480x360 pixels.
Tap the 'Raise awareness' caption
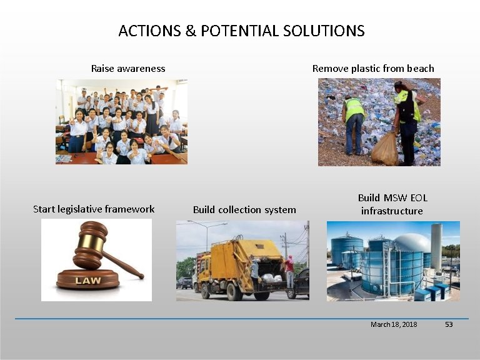(x=128, y=68)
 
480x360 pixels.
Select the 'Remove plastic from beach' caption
(x=373, y=68)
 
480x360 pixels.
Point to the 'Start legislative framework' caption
(x=94, y=209)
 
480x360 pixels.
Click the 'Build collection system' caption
(x=244, y=209)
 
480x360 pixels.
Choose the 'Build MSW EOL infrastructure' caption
(x=392, y=204)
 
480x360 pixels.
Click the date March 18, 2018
(x=394, y=324)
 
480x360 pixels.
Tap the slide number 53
(x=448, y=324)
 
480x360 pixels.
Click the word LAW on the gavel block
(x=87, y=281)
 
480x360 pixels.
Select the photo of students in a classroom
(x=121, y=121)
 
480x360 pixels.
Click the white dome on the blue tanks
(x=411, y=242)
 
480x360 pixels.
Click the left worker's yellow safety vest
(x=354, y=109)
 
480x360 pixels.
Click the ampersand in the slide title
(x=191, y=31)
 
